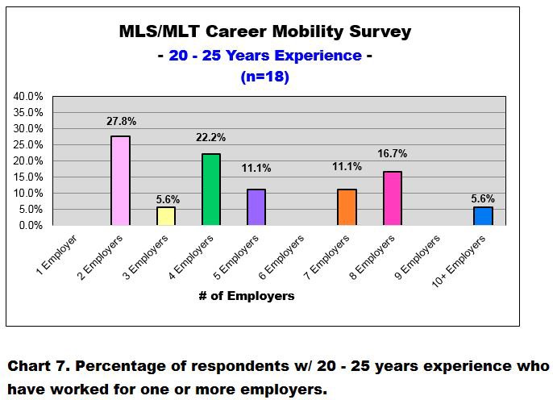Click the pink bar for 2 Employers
(120, 181)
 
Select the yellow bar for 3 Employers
(165, 216)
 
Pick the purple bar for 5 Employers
(256, 207)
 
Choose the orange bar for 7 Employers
(347, 207)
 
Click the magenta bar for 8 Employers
(393, 198)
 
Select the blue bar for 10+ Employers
(483, 216)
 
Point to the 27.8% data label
(121, 122)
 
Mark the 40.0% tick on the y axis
(28, 96)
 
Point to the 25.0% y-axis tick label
(28, 144)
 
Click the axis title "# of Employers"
(246, 296)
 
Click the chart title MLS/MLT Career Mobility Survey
(264, 32)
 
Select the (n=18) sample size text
(264, 77)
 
